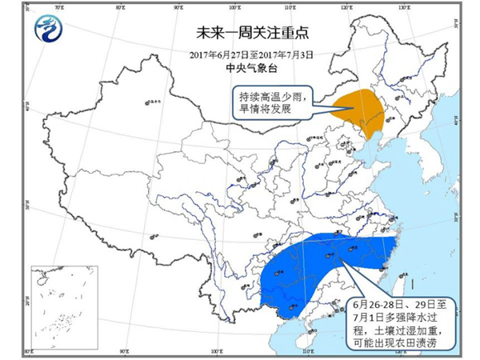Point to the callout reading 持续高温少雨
pos(272,95)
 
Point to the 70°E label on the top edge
pos(57,9)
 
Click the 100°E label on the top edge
pos(235,9)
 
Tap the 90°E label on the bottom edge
pos(125,351)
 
